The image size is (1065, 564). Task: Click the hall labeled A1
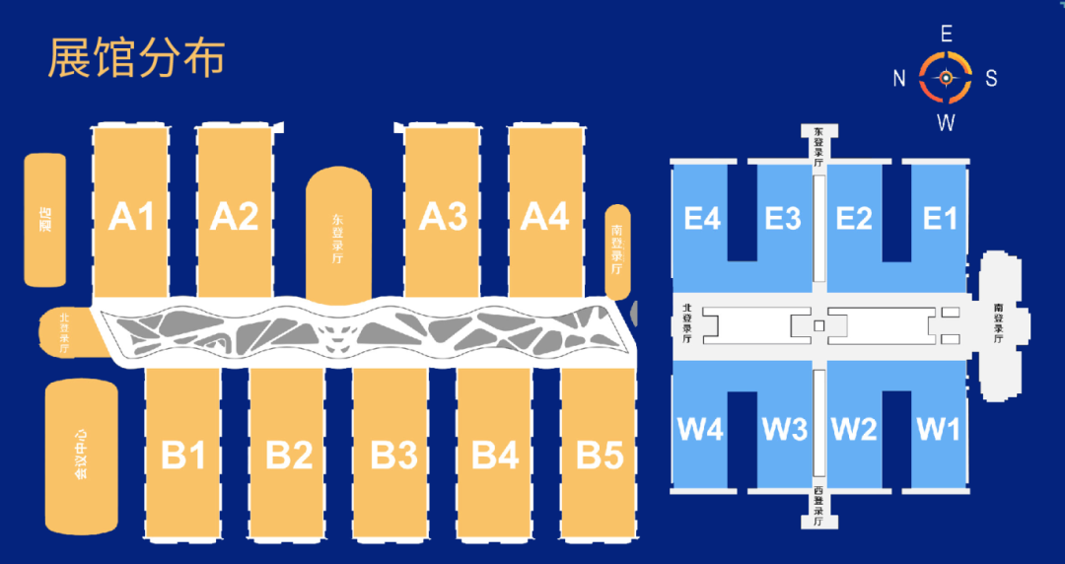pyautogui.click(x=131, y=215)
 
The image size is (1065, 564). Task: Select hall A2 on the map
pyautogui.click(x=235, y=215)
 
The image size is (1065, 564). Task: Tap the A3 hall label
pyautogui.click(x=443, y=215)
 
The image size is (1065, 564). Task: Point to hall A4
pyautogui.click(x=545, y=215)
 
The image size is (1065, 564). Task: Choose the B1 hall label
pyautogui.click(x=183, y=456)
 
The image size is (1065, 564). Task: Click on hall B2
pyautogui.click(x=289, y=456)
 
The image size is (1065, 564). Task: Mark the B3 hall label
pyautogui.click(x=393, y=456)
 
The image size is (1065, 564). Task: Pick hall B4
pyautogui.click(x=495, y=456)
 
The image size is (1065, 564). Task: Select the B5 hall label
pyautogui.click(x=600, y=456)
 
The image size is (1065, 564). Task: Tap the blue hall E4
pyautogui.click(x=702, y=218)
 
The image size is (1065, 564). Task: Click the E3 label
pyautogui.click(x=783, y=218)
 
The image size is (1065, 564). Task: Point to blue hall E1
pyautogui.click(x=939, y=218)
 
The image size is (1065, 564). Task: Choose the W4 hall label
pyautogui.click(x=701, y=430)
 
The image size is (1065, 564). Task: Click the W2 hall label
pyautogui.click(x=854, y=430)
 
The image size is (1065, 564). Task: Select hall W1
pyautogui.click(x=938, y=430)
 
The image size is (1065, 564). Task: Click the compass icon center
pyautogui.click(x=946, y=77)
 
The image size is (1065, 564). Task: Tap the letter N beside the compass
pyautogui.click(x=899, y=79)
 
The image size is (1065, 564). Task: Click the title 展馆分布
pyautogui.click(x=137, y=58)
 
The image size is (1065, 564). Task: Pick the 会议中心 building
pyautogui.click(x=82, y=457)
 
